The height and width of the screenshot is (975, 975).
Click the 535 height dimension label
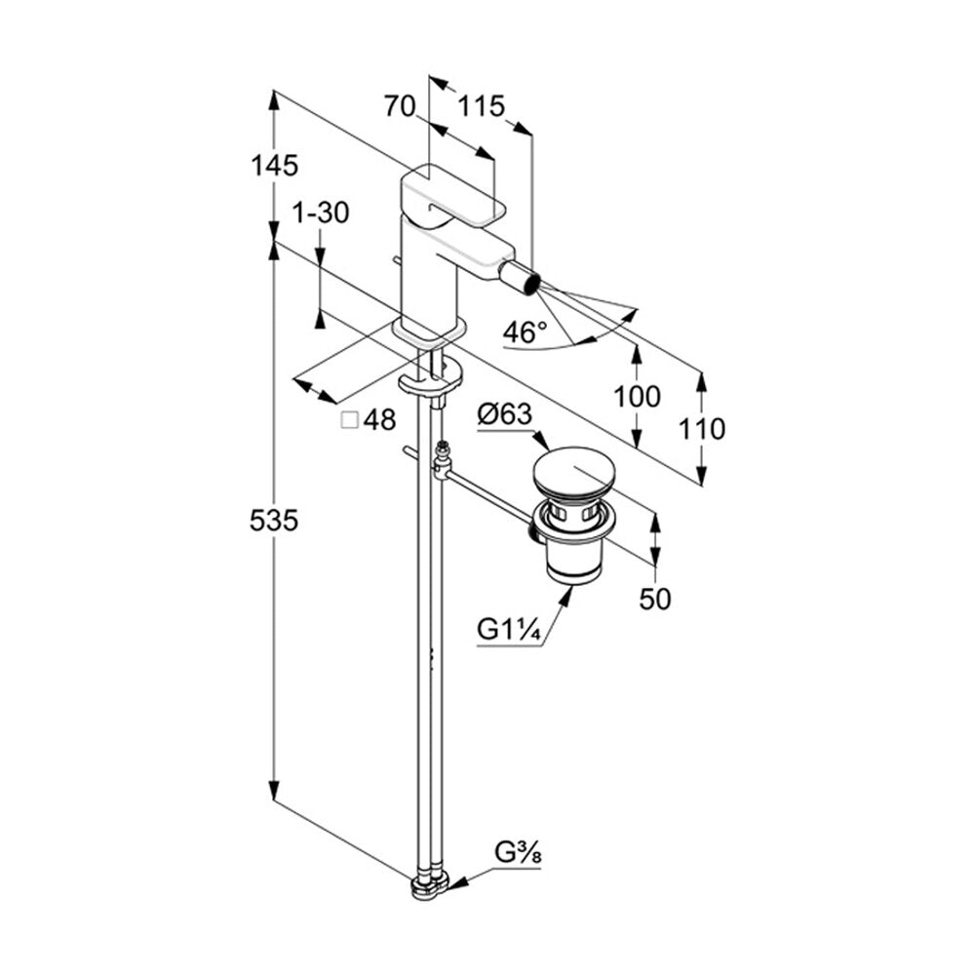(x=274, y=520)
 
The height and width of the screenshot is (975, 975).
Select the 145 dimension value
(x=274, y=166)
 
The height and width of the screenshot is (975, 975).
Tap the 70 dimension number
(x=399, y=106)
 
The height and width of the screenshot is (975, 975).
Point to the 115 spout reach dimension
(x=481, y=106)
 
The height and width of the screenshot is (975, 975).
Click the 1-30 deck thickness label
(x=321, y=213)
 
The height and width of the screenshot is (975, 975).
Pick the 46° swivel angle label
(x=525, y=332)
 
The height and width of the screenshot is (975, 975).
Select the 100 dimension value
(x=636, y=396)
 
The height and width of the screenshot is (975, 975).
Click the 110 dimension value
(x=701, y=429)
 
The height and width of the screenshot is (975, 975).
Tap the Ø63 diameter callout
(x=505, y=414)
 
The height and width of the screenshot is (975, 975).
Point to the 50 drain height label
(x=655, y=599)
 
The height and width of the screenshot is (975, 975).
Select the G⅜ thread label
(x=518, y=852)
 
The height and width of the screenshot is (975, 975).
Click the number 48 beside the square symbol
(x=380, y=420)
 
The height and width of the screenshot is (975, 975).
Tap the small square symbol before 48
(x=350, y=420)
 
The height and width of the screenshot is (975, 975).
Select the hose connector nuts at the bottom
(x=430, y=886)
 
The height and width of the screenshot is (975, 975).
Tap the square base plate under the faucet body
(x=429, y=331)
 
